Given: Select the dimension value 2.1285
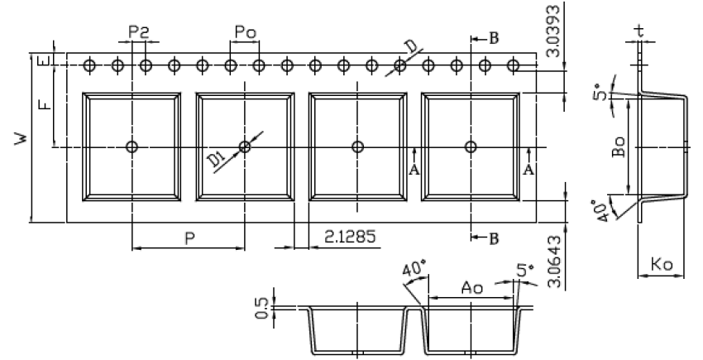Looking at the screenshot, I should click(x=351, y=238).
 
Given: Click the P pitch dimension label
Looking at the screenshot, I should click(x=189, y=238).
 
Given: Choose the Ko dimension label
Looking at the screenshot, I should click(x=662, y=266).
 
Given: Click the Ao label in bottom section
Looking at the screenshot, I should click(x=471, y=288).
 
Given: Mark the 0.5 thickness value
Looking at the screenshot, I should click(x=262, y=308).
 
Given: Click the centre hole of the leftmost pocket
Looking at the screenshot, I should click(x=132, y=147).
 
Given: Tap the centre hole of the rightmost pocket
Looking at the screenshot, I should click(x=471, y=147).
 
